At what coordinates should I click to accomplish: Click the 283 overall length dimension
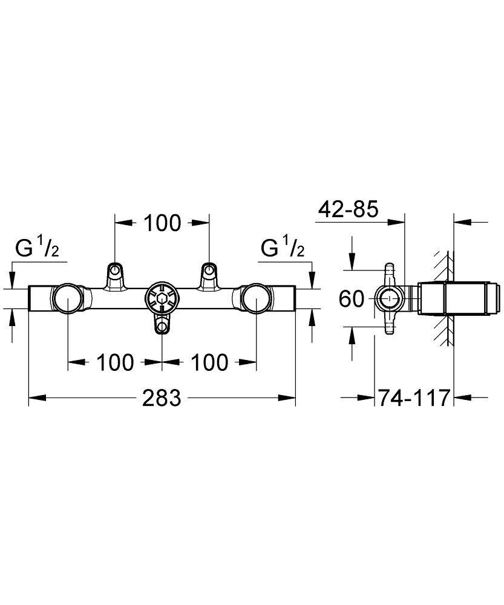[x=162, y=398]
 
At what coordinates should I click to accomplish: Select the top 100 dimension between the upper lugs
[x=162, y=223]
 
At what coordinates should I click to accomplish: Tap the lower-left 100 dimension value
[x=114, y=363]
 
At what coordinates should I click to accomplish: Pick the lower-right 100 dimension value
[x=209, y=363]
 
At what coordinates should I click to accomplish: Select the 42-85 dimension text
[x=349, y=209]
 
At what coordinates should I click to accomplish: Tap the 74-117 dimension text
[x=414, y=398]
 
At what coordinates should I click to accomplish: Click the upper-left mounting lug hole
[x=114, y=269]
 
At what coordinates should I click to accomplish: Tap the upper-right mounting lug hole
[x=209, y=269]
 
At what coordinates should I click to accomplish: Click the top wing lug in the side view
[x=390, y=270]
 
